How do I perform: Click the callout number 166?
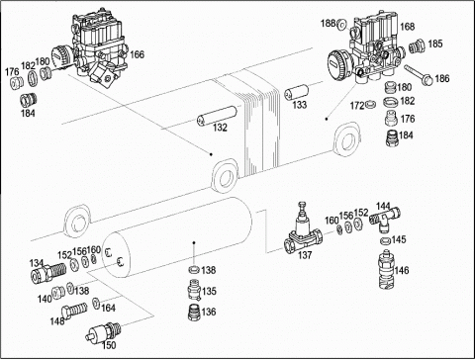tap(137, 54)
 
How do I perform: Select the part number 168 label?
tap(408, 27)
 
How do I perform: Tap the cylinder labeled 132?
tap(217, 116)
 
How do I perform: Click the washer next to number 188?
tap(341, 24)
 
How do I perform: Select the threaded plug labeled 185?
tap(417, 46)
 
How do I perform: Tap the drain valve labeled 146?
tap(386, 270)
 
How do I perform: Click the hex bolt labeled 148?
tap(74, 311)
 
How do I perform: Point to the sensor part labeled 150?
tap(103, 331)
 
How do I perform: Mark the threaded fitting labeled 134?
tap(48, 271)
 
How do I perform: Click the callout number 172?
tap(357, 106)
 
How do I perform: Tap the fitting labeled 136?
tap(193, 312)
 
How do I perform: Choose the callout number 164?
tap(108, 308)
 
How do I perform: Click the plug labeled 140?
tap(58, 294)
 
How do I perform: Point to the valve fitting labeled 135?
tap(194, 290)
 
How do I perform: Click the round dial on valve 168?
tap(339, 64)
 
